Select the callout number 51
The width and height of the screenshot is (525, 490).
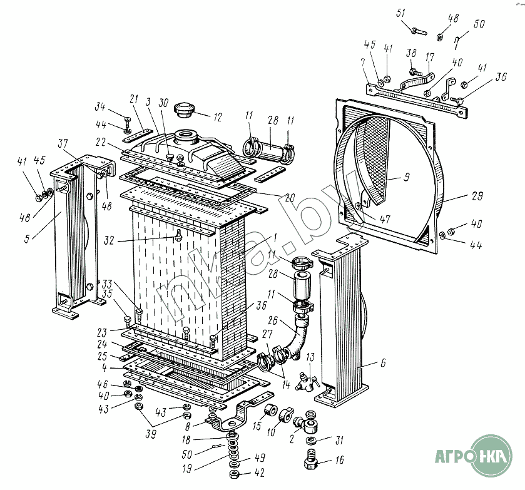[401, 13]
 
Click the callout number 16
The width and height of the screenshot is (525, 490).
[340, 462]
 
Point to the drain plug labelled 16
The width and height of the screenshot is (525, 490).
[311, 463]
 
